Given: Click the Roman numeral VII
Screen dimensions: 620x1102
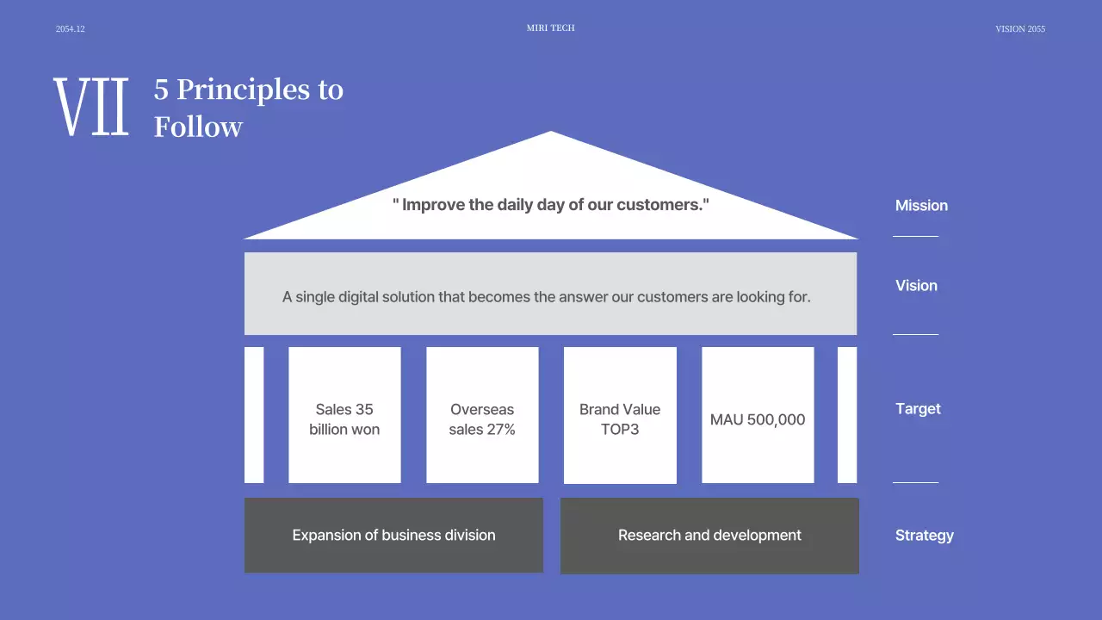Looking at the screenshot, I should coord(91,107).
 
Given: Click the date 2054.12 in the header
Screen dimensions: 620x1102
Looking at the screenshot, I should coord(71,29).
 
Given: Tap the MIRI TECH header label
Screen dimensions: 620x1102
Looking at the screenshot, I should coord(550,28).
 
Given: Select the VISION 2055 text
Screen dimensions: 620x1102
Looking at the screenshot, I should coord(1020,29).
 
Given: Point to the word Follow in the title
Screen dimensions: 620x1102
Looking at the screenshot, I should coord(198,127).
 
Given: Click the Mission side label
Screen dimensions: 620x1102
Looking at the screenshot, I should coord(921,206).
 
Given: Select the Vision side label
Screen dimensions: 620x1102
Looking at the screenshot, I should coord(916,286).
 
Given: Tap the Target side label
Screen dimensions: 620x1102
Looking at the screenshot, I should coord(918,409).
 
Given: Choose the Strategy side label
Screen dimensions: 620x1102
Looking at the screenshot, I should coord(924,536).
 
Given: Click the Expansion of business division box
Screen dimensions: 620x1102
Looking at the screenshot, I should coord(393,536).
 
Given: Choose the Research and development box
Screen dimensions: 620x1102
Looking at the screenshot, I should coord(709,536).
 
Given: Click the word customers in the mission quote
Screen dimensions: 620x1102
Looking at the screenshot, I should coord(660,206).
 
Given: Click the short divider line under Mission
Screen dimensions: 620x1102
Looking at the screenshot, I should coord(915,236).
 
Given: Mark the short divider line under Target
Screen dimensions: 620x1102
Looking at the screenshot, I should coord(915,482).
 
